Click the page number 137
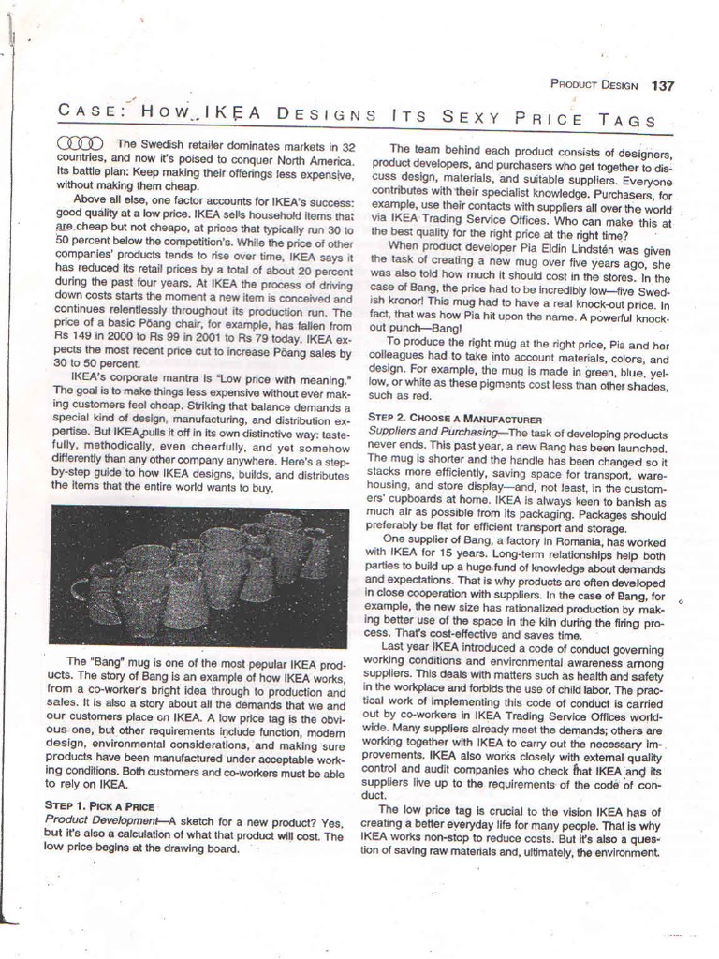click(662, 86)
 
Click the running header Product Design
click(594, 86)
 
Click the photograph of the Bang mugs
click(198, 575)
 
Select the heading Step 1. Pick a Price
click(99, 804)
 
